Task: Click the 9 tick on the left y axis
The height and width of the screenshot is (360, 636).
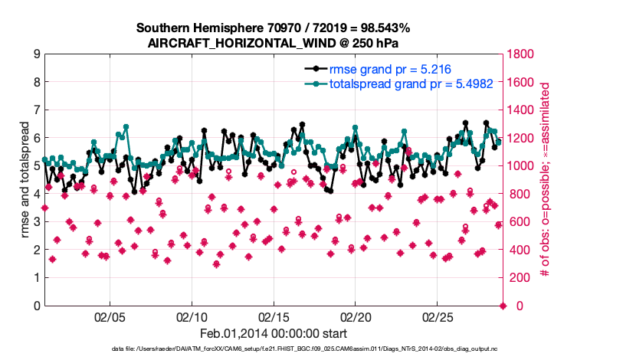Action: point(37,54)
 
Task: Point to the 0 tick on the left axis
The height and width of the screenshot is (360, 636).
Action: point(37,306)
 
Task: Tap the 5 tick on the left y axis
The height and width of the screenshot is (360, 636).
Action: point(37,166)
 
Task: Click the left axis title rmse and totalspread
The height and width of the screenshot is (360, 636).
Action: point(24,180)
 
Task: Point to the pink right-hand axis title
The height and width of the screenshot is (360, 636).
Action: point(545,180)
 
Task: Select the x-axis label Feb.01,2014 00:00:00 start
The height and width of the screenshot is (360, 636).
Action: point(273,333)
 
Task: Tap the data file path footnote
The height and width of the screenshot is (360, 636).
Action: point(317,349)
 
